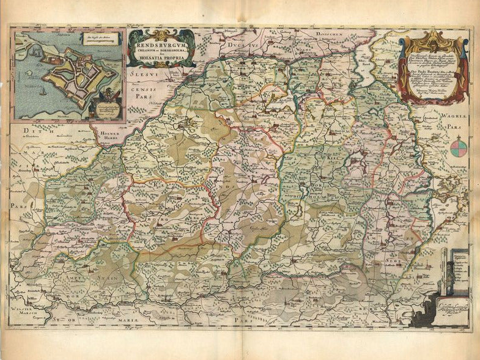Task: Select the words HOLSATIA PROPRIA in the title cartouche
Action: tap(161, 60)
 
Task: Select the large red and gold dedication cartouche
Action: tap(434, 67)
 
